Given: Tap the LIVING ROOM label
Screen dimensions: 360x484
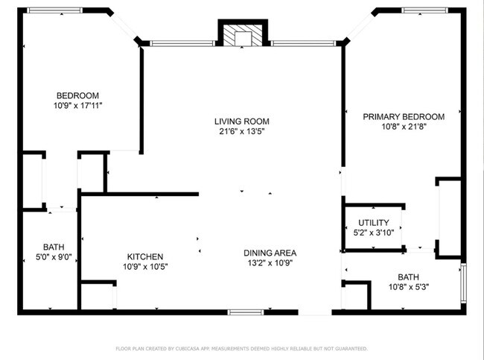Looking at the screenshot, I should pos(241,121).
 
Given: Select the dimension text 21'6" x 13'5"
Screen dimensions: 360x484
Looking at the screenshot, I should pos(241,132).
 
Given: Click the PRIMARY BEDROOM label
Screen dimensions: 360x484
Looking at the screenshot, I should pos(403,116).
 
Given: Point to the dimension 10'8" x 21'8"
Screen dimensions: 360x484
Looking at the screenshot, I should pos(403,127).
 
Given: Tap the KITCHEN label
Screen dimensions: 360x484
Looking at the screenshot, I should pos(144,256).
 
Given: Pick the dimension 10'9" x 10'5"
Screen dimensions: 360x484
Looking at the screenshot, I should pos(144,266).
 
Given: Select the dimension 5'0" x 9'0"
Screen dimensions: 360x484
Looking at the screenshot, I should pos(53,258).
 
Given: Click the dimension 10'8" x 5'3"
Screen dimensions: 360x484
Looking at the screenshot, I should pos(407,287).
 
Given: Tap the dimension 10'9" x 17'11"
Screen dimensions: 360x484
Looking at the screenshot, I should pos(77,106).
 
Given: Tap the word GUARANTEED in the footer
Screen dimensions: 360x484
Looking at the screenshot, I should pos(350,348).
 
